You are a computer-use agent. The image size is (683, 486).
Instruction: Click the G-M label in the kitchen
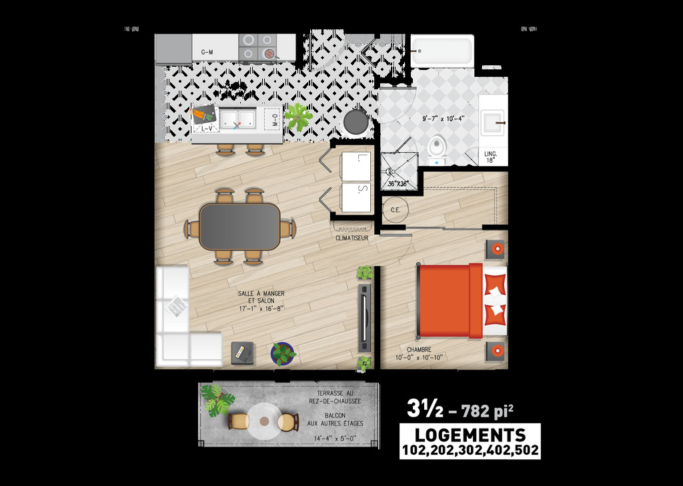[207, 51]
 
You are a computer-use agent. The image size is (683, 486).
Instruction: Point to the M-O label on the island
[275, 121]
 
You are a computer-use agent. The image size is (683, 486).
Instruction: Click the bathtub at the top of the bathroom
[442, 51]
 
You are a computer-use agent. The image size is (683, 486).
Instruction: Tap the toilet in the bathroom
[438, 148]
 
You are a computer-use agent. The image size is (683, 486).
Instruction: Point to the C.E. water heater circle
[395, 210]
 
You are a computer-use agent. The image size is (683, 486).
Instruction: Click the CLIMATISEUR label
[352, 237]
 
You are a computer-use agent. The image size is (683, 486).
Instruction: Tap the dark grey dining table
[240, 226]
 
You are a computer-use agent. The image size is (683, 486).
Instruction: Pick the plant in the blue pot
[283, 353]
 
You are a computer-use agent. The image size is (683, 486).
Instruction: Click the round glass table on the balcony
[265, 421]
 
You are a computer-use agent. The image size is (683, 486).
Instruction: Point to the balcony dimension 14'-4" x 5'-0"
[335, 439]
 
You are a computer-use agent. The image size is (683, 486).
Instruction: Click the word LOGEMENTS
[470, 435]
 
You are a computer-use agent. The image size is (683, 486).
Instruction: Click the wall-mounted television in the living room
[364, 319]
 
